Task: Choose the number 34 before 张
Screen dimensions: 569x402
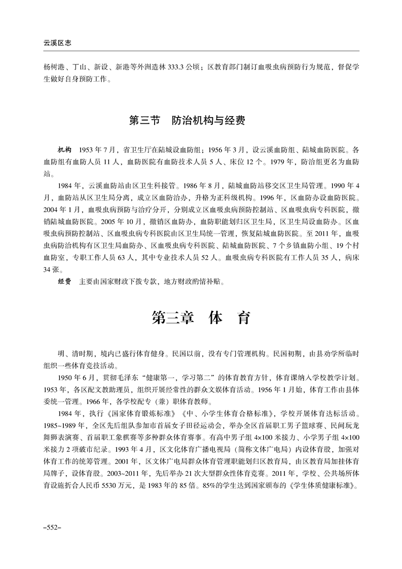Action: pyautogui.click(x=48, y=269)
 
